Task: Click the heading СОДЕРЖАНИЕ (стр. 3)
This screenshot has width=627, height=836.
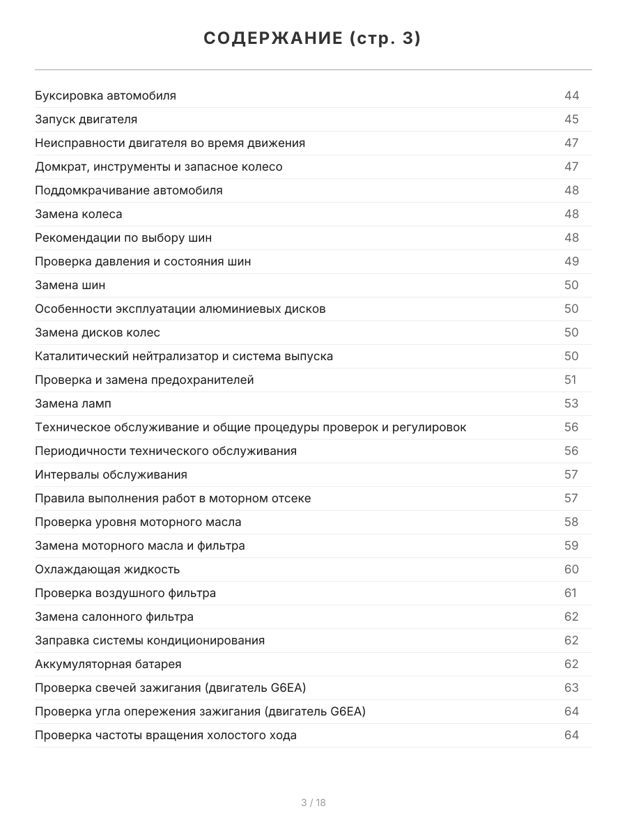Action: tap(313, 39)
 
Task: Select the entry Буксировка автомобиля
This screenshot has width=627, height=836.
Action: tap(105, 95)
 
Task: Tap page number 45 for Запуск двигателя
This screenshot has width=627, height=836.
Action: tap(571, 119)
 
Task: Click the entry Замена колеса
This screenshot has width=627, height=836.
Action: tap(79, 214)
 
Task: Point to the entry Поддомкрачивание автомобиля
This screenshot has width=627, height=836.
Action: tap(129, 190)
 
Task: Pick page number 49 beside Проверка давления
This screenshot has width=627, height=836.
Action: tap(571, 261)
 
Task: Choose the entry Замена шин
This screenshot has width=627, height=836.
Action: tap(70, 285)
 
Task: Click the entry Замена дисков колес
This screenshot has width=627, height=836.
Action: tap(98, 332)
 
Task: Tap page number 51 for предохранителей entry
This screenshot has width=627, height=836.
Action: tap(570, 380)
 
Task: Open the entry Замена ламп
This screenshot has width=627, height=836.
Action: tap(73, 403)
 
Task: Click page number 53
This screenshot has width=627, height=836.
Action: tap(571, 403)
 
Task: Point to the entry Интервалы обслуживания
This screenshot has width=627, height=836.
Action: tap(111, 474)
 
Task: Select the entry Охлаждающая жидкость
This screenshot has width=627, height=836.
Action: tap(107, 569)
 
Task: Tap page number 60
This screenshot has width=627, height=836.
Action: tap(571, 569)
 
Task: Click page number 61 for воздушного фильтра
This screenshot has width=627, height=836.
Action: tap(570, 593)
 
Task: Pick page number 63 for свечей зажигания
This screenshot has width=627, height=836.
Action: tap(571, 688)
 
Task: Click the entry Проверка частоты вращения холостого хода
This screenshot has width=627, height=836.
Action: tap(166, 735)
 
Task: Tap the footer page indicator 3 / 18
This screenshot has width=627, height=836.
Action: tap(313, 803)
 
